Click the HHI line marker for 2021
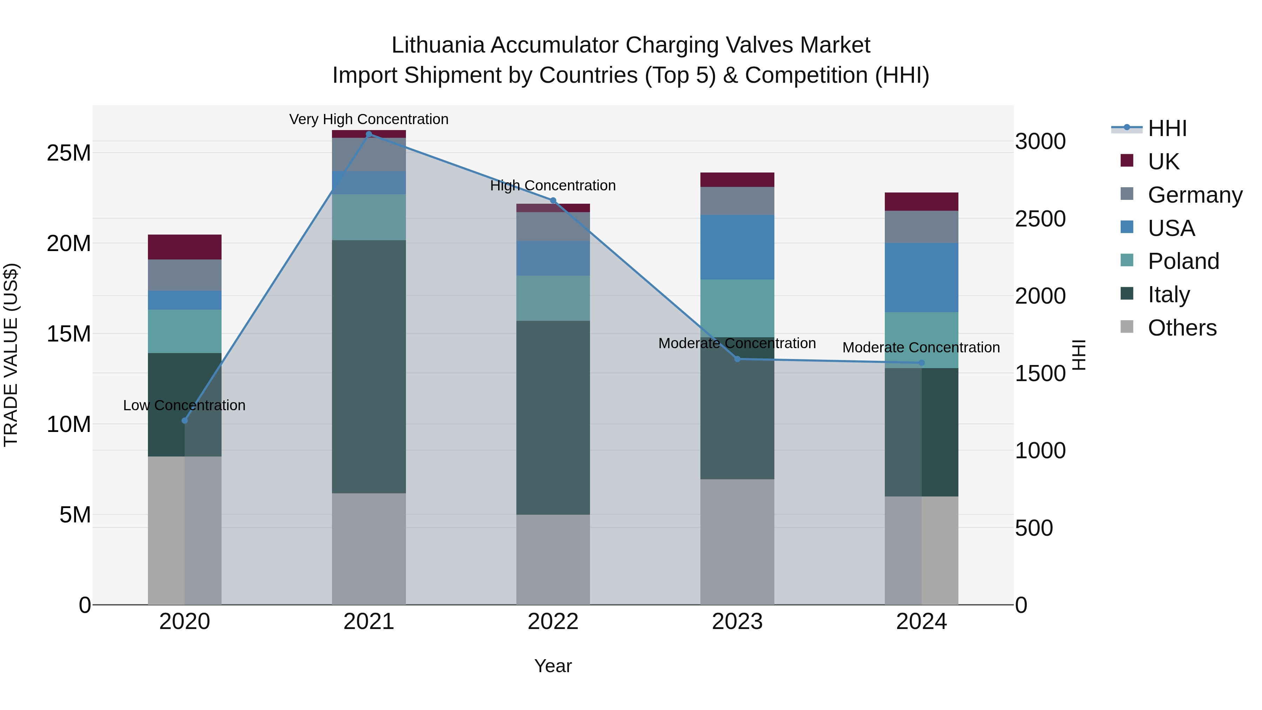click(x=369, y=134)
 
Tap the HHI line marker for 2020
click(x=185, y=420)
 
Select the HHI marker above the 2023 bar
click(x=737, y=359)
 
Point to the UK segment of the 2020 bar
click(x=185, y=247)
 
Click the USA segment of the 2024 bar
click(x=922, y=277)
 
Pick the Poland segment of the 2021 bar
click(x=369, y=217)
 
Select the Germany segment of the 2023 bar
click(x=737, y=201)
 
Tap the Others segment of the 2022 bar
click(x=553, y=559)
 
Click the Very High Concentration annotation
click(x=369, y=119)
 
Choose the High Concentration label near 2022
click(x=553, y=186)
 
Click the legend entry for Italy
click(x=1169, y=295)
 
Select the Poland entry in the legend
click(x=1183, y=261)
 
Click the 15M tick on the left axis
click(x=69, y=334)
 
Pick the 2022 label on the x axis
click(x=553, y=622)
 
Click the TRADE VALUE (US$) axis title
click(x=11, y=355)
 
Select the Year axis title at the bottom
click(x=553, y=666)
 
